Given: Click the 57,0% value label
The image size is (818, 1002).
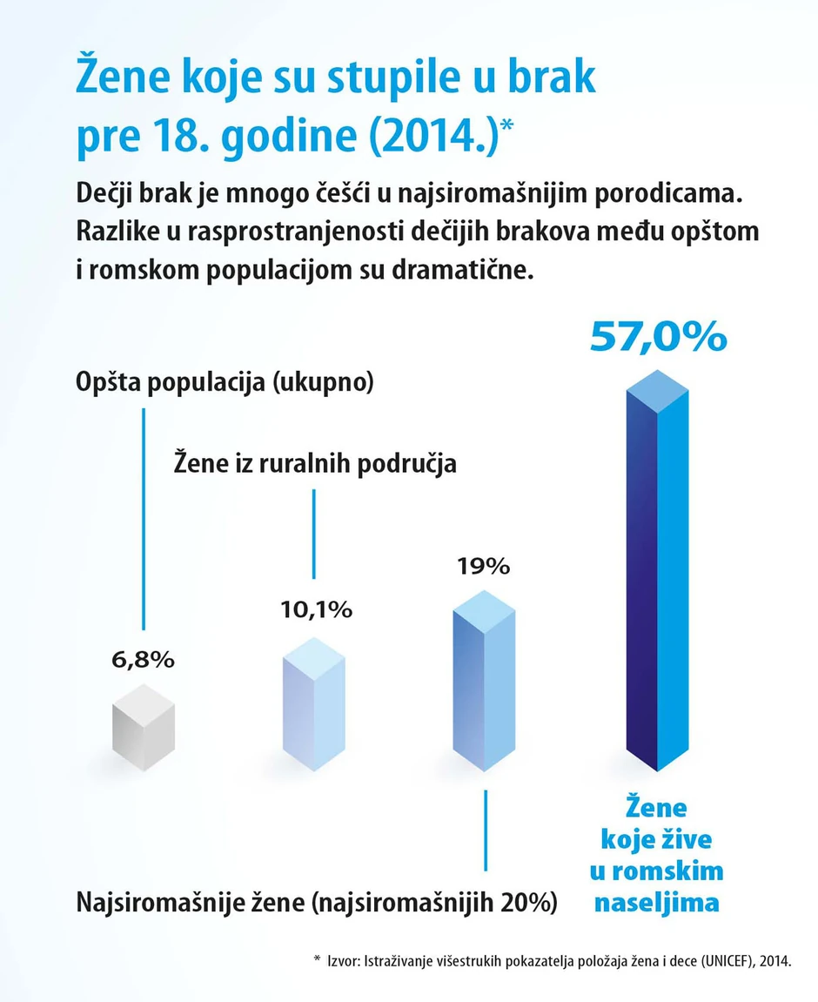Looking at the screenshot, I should point(657,337).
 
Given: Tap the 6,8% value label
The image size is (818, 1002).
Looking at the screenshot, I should point(144,659).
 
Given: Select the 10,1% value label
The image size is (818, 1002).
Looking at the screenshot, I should point(316,609).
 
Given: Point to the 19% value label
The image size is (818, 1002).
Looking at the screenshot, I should point(483,566).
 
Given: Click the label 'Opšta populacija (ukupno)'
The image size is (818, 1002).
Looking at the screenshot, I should point(225,383).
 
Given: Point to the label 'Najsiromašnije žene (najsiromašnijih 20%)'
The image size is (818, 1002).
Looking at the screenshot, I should point(317,901).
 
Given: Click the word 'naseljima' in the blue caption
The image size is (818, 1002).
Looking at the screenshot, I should point(657,903).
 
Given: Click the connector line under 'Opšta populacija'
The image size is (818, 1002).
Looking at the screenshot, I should point(143,518).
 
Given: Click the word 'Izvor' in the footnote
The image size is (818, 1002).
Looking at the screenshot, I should point(342,961).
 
